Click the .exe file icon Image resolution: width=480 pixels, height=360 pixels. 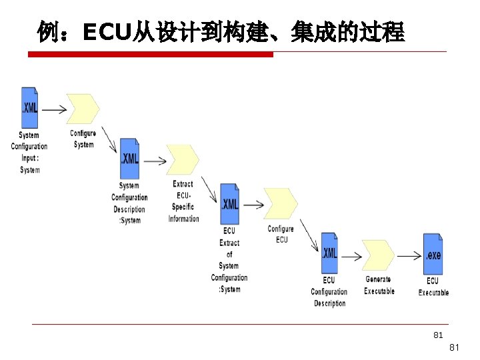[x=433, y=254]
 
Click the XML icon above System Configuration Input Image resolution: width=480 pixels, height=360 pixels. [x=29, y=107]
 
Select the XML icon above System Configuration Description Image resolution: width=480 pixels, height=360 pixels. [x=129, y=159]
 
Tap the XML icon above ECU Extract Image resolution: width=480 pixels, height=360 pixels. [x=229, y=203]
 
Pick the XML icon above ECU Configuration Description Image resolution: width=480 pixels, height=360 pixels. [x=329, y=253]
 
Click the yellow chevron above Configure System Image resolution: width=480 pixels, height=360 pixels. [x=83, y=109]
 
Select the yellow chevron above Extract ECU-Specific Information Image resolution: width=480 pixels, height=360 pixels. [x=183, y=159]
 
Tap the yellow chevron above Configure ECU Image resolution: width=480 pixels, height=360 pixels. [x=281, y=203]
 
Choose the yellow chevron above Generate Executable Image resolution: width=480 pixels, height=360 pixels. [x=379, y=255]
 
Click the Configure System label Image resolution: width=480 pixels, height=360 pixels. [x=83, y=139]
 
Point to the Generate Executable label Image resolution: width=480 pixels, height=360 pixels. [x=379, y=285]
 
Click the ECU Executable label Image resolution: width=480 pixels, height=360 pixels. [x=433, y=287]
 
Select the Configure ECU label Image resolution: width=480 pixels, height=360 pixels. [x=281, y=234]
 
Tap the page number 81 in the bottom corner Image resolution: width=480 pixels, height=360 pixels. [x=454, y=347]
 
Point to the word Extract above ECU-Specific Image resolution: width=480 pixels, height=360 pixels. [x=183, y=184]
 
